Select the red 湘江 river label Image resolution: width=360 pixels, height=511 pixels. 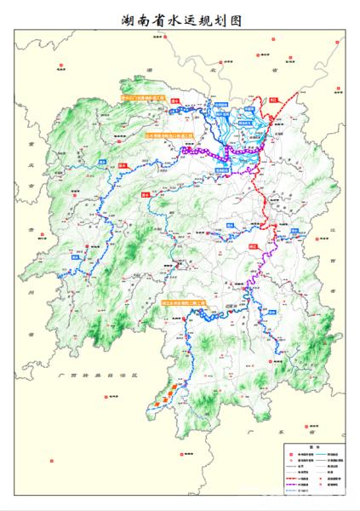252,244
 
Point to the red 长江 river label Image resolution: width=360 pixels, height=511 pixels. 274,100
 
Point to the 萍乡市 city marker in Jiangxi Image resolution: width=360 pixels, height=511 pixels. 317,241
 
